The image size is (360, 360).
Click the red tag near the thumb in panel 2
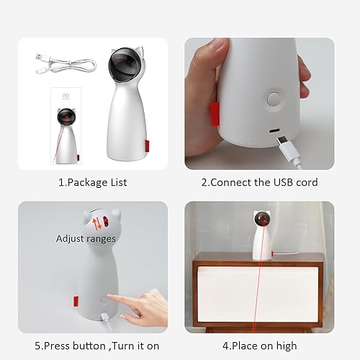click(x=214, y=111)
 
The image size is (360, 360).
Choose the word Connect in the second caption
click(x=232, y=182)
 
